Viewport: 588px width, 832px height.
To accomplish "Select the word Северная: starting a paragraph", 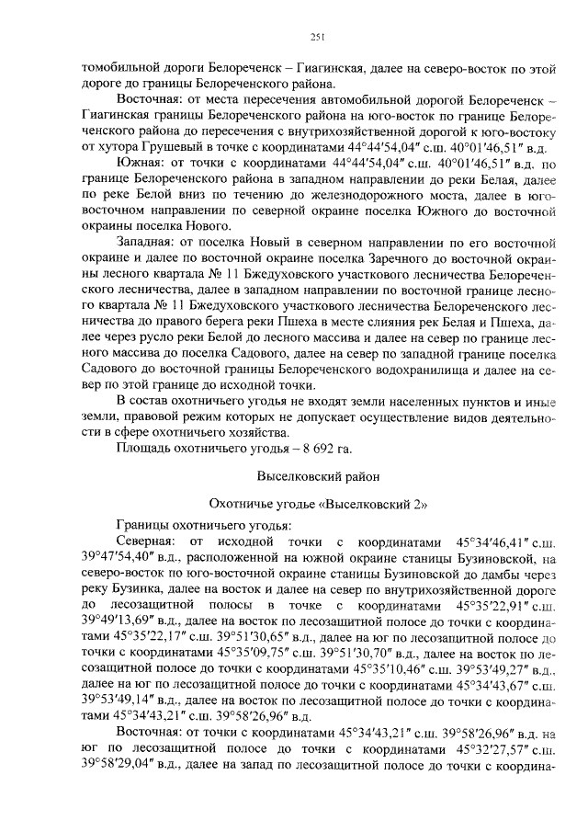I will [x=151, y=541].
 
